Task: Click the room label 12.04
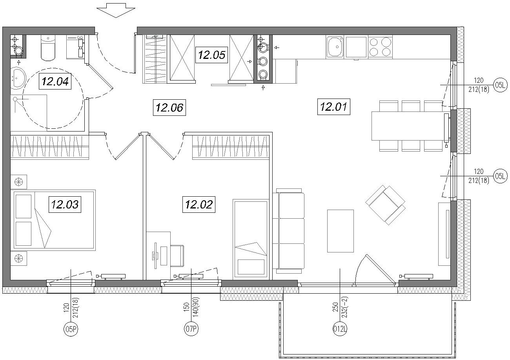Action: pyautogui.click(x=55, y=81)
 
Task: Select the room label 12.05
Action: pyautogui.click(x=211, y=55)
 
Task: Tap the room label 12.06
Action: pyautogui.click(x=169, y=107)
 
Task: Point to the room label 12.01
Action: pyautogui.click(x=333, y=107)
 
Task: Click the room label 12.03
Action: pyautogui.click(x=65, y=205)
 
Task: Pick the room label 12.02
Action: pyautogui.click(x=199, y=205)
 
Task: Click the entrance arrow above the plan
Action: pyautogui.click(x=116, y=11)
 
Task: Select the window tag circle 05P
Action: pyautogui.click(x=71, y=329)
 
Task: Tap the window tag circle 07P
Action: pyautogui.click(x=191, y=329)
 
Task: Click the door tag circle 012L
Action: pyautogui.click(x=340, y=329)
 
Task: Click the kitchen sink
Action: pyautogui.click(x=335, y=46)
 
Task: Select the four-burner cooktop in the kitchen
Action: pyautogui.click(x=380, y=47)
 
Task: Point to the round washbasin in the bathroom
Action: pyautogui.click(x=18, y=77)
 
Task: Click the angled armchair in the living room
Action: pyautogui.click(x=385, y=205)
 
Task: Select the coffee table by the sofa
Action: pyautogui.click(x=341, y=231)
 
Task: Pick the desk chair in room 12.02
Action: pyautogui.click(x=177, y=256)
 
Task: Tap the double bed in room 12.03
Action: pyautogui.click(x=53, y=220)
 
